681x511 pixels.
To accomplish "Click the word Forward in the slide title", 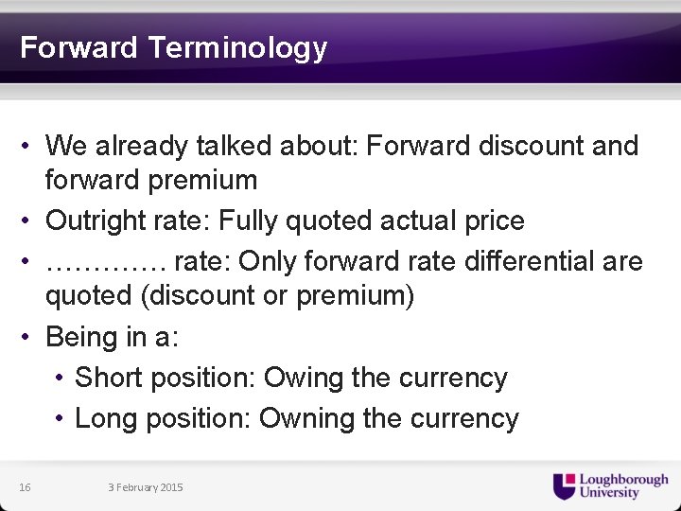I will [x=79, y=47].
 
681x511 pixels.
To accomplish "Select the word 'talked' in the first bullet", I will [x=230, y=146].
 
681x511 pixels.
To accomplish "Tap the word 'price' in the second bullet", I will [x=494, y=220].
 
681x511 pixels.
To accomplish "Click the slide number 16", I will [x=25, y=487].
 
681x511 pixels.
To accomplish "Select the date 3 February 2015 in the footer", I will [x=146, y=487].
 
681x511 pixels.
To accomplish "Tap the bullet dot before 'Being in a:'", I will [x=30, y=337].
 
